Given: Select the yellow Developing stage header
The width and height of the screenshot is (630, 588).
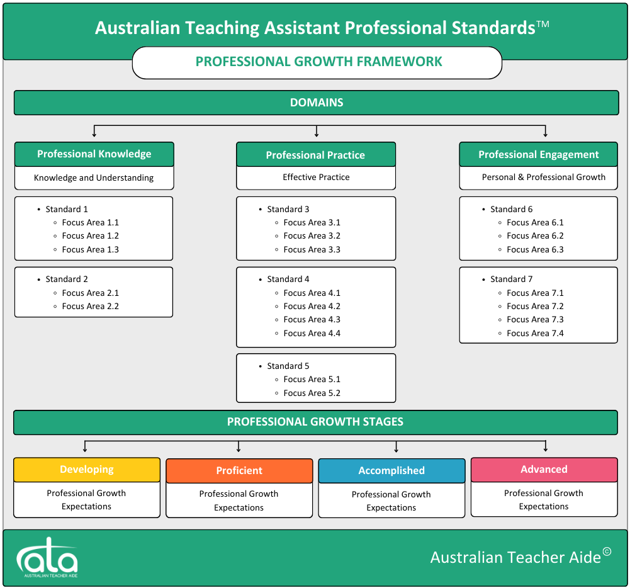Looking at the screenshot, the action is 87,470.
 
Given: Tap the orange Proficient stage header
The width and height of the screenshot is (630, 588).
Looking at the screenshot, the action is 239,471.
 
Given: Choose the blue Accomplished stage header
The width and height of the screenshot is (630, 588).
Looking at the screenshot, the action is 391,471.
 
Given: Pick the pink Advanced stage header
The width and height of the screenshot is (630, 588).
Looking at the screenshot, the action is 544,470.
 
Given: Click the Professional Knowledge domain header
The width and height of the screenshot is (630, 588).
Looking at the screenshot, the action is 94,154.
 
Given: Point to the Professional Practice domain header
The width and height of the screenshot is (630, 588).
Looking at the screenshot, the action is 316,154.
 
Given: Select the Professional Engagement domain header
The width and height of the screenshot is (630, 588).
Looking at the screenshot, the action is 538,154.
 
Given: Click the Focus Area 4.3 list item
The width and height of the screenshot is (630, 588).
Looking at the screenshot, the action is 312,320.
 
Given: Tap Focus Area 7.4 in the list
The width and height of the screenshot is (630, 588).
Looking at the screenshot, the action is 535,333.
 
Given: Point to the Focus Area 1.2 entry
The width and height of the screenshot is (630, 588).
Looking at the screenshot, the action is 91,236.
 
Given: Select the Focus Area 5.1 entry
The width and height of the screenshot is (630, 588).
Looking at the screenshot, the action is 312,380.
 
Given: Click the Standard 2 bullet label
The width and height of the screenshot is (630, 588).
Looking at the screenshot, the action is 67,280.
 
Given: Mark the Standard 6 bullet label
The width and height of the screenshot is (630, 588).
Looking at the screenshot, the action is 512,210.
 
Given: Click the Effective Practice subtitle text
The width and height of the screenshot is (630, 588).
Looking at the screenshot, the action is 316,178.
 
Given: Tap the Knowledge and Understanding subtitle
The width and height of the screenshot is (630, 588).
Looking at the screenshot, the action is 94,178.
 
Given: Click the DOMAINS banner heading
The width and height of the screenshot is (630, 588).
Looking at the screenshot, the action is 317,103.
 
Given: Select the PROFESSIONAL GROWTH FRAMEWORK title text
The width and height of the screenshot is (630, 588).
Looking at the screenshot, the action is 318,62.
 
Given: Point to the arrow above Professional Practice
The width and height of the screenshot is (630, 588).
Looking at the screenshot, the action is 317,132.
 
